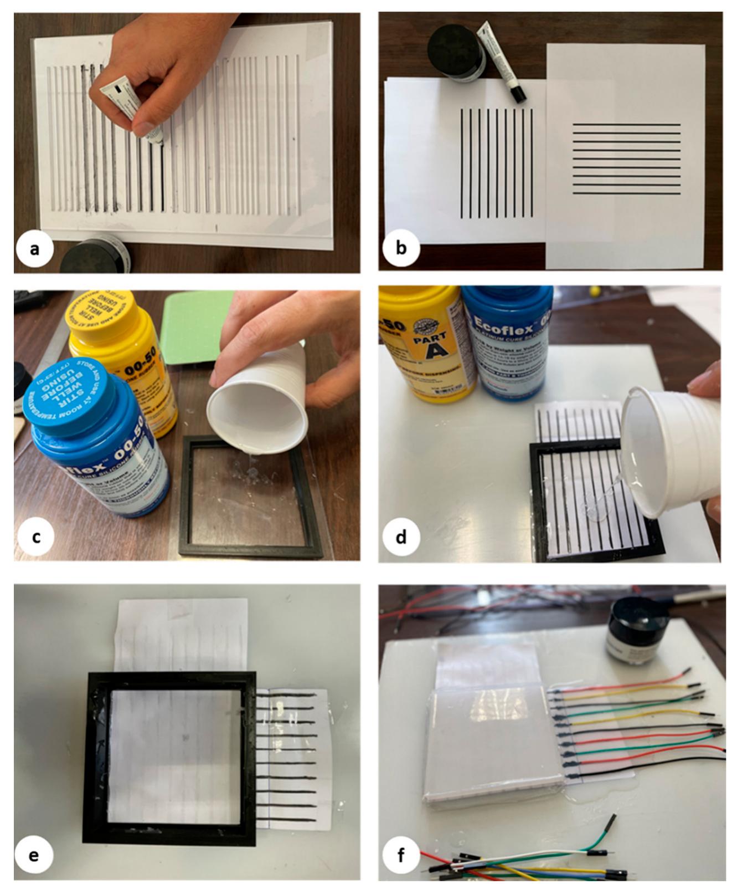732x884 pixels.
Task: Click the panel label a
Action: (34, 249)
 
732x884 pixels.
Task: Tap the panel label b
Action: (401, 247)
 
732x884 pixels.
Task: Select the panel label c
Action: (35, 536)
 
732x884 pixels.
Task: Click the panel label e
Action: (34, 855)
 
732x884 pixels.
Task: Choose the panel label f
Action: (401, 855)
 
